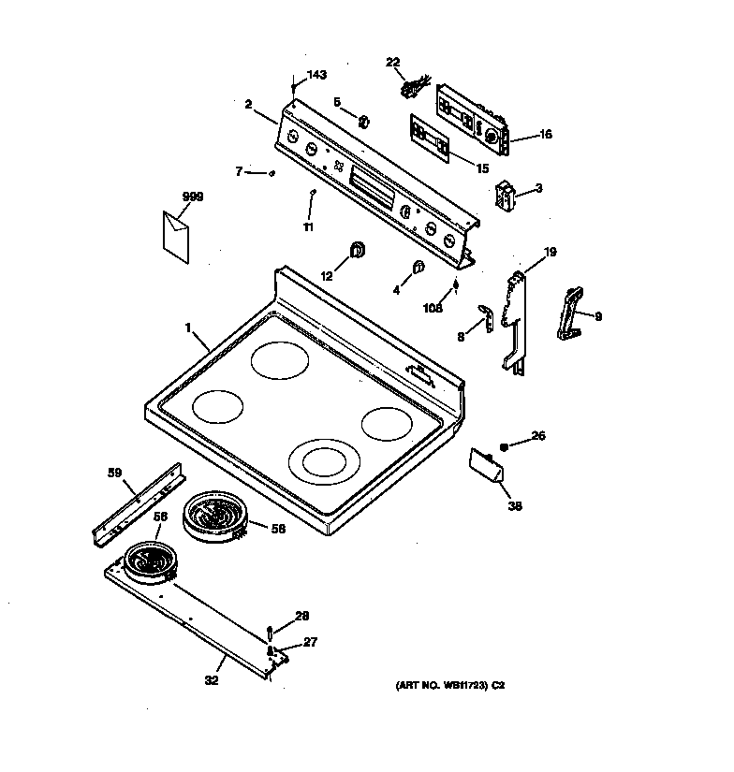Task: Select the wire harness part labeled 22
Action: pyautogui.click(x=408, y=88)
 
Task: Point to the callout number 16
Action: pyautogui.click(x=544, y=135)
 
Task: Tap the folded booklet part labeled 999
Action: pyautogui.click(x=175, y=234)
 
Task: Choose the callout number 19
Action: pyautogui.click(x=550, y=252)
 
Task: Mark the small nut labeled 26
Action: pyautogui.click(x=505, y=446)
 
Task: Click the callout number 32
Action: pyautogui.click(x=211, y=680)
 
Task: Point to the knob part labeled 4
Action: pyautogui.click(x=418, y=268)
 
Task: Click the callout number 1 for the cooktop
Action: pyautogui.click(x=188, y=328)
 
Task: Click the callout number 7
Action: pyautogui.click(x=239, y=171)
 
